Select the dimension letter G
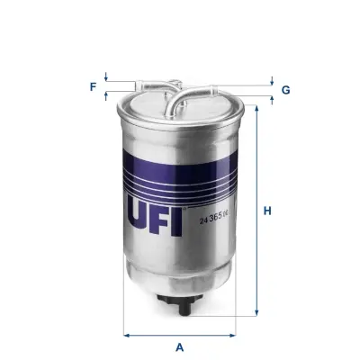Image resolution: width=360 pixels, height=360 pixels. pyautogui.click(x=285, y=90)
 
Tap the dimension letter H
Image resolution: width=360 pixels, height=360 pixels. pyautogui.click(x=267, y=212)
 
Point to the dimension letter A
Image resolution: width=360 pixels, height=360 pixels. pyautogui.click(x=180, y=346)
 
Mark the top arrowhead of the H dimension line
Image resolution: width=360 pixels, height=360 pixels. pyautogui.click(x=258, y=108)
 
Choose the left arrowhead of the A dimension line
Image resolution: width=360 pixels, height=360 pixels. pyautogui.click(x=126, y=336)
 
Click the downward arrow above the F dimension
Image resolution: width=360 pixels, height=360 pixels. pyautogui.click(x=106, y=77)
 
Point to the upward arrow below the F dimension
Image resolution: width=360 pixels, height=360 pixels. pyautogui.click(x=106, y=93)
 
